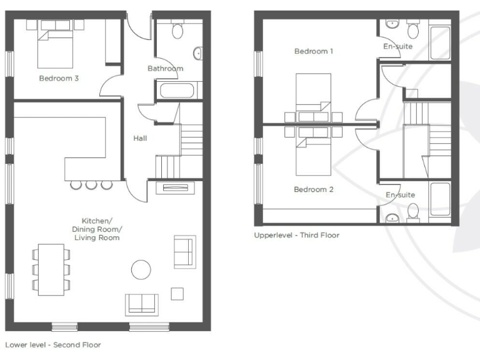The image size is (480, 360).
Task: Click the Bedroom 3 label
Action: point(58,79)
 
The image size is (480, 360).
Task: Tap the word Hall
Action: point(140,138)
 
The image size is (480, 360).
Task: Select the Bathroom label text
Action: point(165,68)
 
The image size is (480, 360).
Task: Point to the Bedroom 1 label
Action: point(313,51)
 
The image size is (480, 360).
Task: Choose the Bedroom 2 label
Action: point(313,189)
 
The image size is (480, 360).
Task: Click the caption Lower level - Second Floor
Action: point(52,344)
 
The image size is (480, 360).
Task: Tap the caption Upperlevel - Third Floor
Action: point(296,236)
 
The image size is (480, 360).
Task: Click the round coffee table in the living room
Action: point(141,269)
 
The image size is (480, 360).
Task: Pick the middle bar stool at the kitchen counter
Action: point(92,184)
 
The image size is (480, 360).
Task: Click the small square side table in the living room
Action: point(177,293)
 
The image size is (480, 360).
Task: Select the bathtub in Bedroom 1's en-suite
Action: point(440,42)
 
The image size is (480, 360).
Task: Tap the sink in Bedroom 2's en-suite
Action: point(392,217)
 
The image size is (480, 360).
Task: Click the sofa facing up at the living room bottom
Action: point(142,304)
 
